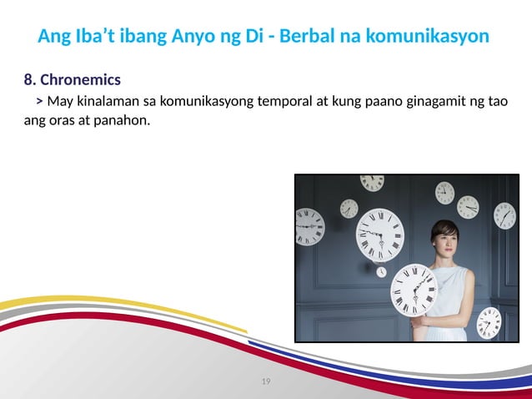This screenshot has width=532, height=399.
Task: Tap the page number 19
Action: [x=266, y=381]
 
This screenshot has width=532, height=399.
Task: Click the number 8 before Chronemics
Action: [x=29, y=80]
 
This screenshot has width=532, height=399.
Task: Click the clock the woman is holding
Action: [x=415, y=288]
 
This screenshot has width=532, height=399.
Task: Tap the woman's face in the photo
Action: [x=444, y=243]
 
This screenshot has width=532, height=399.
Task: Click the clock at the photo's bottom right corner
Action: [x=489, y=322]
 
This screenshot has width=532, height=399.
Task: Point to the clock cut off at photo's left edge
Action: [x=308, y=226]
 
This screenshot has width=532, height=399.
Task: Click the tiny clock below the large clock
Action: [x=381, y=271]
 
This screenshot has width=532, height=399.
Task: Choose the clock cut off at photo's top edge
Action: [x=372, y=181]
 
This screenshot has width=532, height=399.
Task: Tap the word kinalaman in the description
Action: [x=104, y=102]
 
